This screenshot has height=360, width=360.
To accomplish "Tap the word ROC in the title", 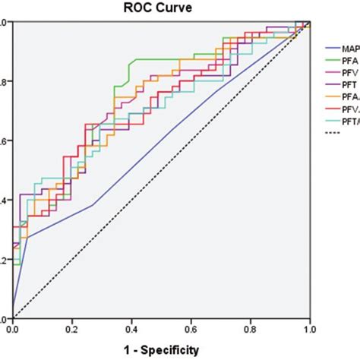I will [142, 8].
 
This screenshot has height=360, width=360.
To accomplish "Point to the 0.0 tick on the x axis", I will [12, 330].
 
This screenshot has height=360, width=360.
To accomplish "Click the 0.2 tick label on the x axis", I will [72, 330].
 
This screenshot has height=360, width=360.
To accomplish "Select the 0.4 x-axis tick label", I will [131, 330].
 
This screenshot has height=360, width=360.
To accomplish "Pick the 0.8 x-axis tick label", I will [251, 330].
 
